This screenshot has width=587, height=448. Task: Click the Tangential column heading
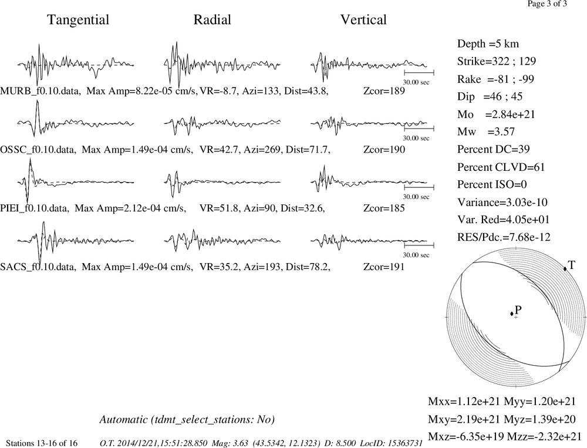point(78,20)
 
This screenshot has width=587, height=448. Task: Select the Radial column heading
point(212,19)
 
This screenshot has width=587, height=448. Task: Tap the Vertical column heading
point(363,19)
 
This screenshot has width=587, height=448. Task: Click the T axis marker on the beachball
point(565,268)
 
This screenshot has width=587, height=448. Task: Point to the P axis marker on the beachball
point(512,314)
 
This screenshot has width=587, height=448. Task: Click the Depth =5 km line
point(488,44)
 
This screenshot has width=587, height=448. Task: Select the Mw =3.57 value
point(486,132)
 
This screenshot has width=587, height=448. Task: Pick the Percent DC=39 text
point(494,149)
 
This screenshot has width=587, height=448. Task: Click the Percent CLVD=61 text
point(501,167)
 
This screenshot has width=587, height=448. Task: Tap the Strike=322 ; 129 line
point(497,61)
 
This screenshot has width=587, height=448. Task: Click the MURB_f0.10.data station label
point(40,91)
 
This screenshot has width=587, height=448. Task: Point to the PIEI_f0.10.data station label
point(35,208)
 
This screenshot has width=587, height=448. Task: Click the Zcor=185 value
point(384,208)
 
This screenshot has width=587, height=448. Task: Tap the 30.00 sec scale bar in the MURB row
point(419,72)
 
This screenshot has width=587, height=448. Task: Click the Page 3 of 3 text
point(547,4)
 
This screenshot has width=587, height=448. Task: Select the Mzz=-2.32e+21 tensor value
point(544,436)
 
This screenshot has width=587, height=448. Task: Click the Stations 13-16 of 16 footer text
point(42,443)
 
